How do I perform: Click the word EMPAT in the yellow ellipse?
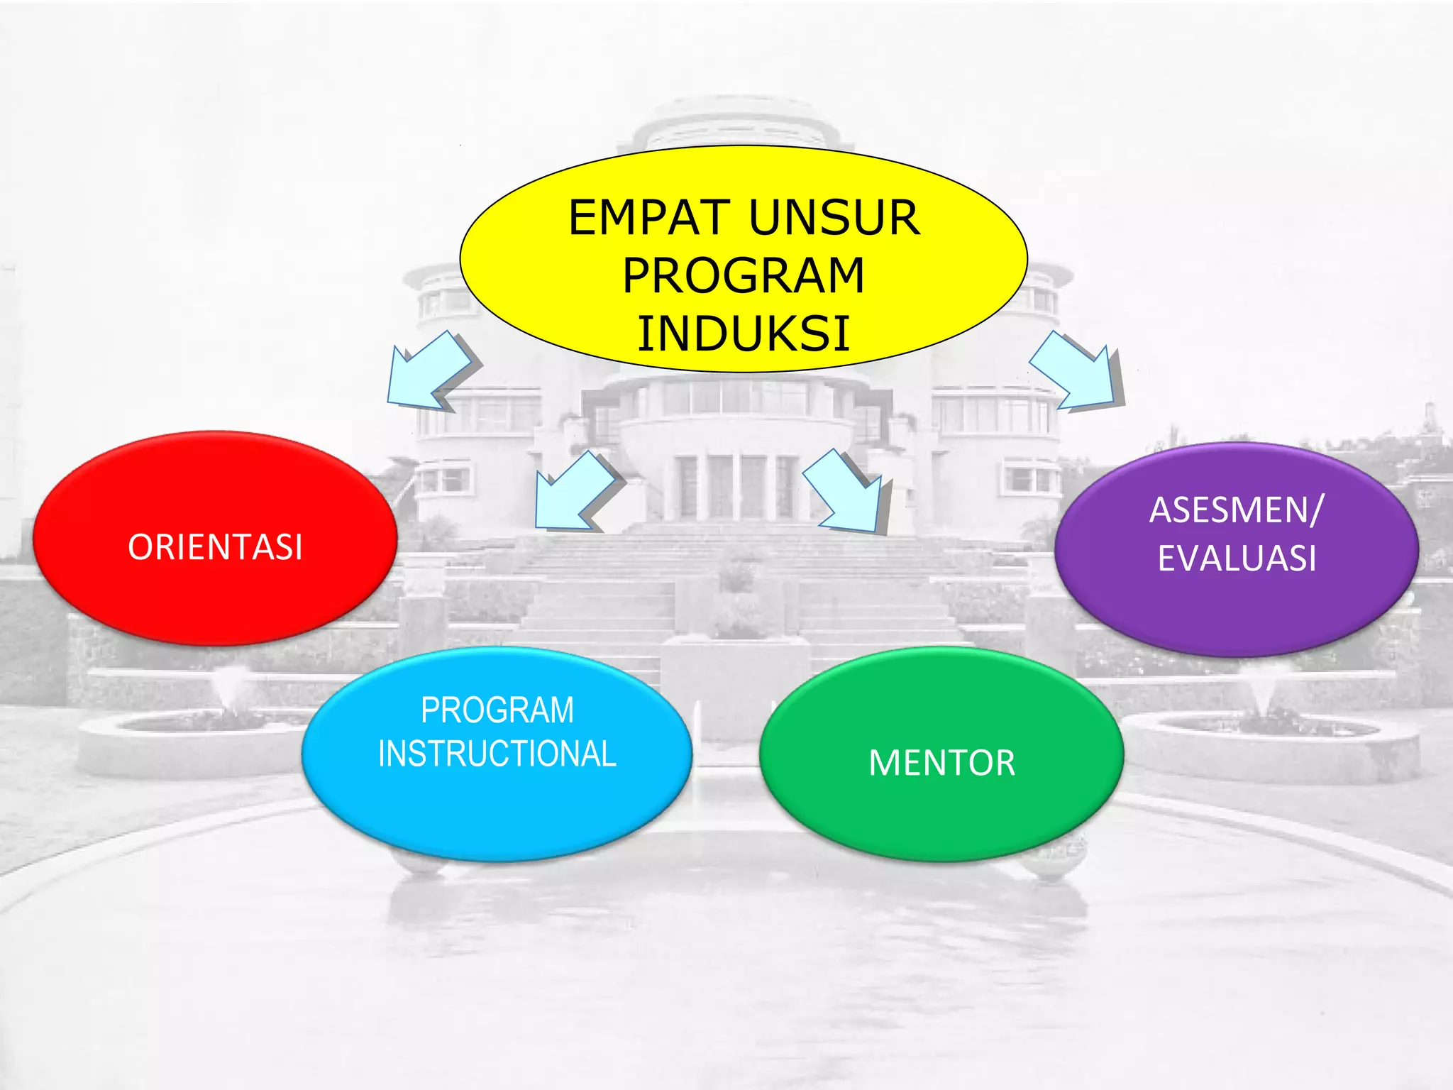[648, 218]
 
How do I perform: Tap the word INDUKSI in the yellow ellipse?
[744, 334]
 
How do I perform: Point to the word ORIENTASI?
[215, 547]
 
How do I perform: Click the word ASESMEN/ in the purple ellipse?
[1236, 510]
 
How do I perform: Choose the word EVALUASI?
[1237, 558]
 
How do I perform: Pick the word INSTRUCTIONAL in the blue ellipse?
[497, 754]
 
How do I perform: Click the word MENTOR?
[941, 764]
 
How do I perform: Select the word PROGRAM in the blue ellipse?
[497, 710]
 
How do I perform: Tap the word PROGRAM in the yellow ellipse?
[744, 276]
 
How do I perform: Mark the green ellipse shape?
[941, 816]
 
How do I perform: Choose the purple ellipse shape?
[1236, 610]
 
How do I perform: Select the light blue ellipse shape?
[497, 809]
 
